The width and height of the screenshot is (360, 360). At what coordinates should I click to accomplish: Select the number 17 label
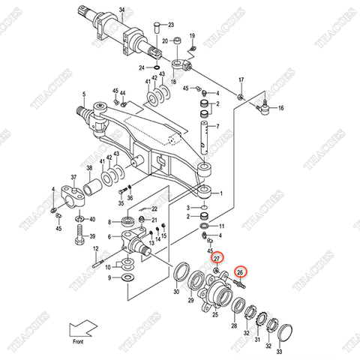tap(241, 79)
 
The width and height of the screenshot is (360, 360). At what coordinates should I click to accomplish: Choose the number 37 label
tap(73, 178)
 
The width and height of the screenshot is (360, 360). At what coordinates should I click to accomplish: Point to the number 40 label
tap(92, 220)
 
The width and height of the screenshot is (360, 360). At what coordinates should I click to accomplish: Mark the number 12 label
tap(95, 248)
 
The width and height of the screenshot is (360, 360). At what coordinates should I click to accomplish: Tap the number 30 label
tap(176, 292)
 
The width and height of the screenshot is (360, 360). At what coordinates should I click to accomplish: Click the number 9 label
tap(109, 278)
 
